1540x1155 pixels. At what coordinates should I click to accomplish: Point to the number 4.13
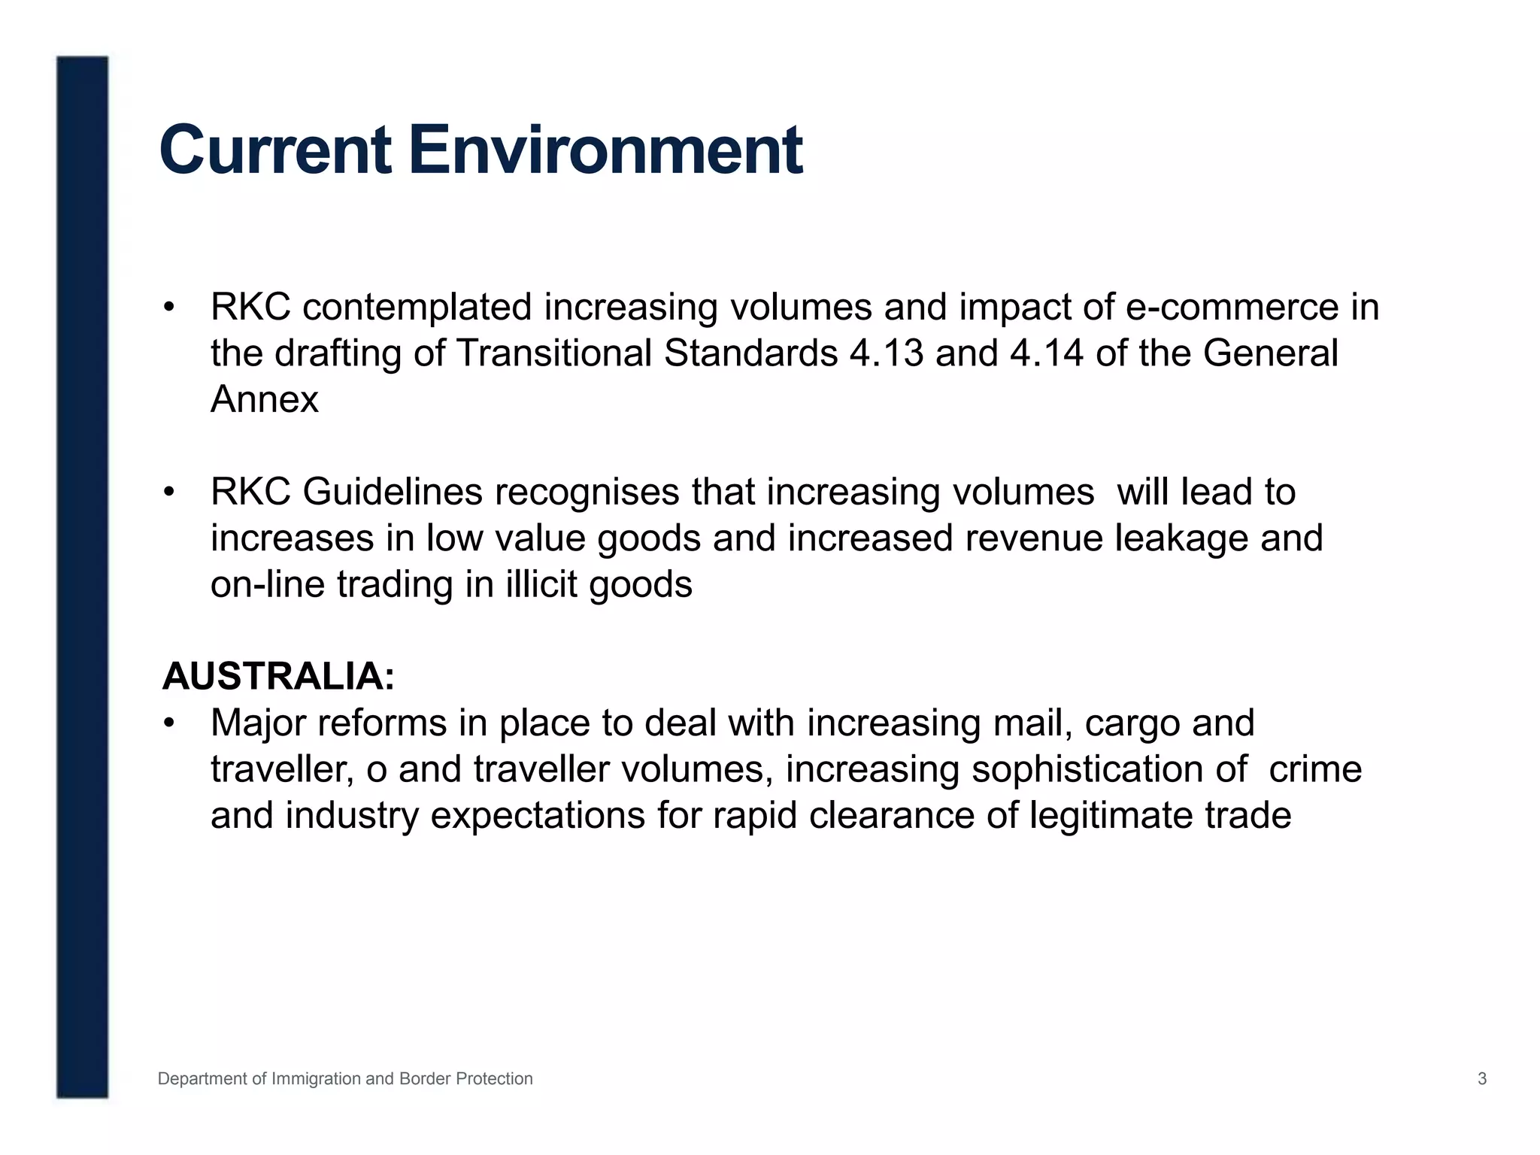point(887,353)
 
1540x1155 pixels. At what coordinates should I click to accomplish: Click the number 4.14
point(1047,353)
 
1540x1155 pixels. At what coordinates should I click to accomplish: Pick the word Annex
point(264,399)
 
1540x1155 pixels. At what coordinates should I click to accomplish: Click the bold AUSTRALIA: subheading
point(278,676)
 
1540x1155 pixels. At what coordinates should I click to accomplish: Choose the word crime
point(1315,769)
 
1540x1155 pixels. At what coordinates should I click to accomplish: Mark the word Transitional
point(553,353)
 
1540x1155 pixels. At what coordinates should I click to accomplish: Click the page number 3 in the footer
point(1482,1079)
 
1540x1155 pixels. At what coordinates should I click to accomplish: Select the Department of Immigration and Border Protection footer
point(345,1079)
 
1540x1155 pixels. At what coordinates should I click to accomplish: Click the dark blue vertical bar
point(82,577)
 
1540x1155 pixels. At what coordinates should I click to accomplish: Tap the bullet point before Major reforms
point(169,723)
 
